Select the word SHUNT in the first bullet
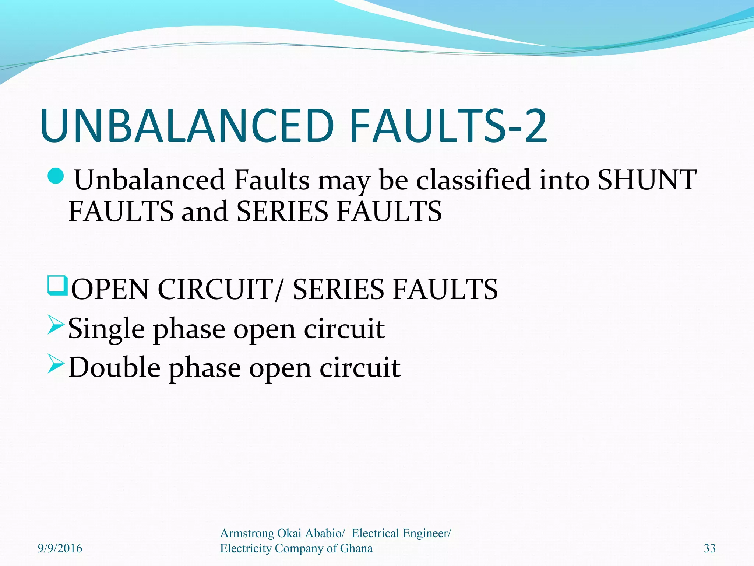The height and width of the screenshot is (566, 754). [x=647, y=180]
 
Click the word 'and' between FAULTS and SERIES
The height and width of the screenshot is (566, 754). [x=205, y=212]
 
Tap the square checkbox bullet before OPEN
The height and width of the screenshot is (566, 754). [x=57, y=286]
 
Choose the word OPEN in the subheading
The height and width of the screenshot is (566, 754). [x=110, y=290]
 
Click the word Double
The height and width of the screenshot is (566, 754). [x=114, y=368]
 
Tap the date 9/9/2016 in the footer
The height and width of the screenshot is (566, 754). [x=60, y=548]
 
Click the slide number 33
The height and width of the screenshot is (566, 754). [x=709, y=548]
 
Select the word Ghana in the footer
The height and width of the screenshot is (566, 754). [x=356, y=548]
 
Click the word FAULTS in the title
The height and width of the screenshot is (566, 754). [x=428, y=126]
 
